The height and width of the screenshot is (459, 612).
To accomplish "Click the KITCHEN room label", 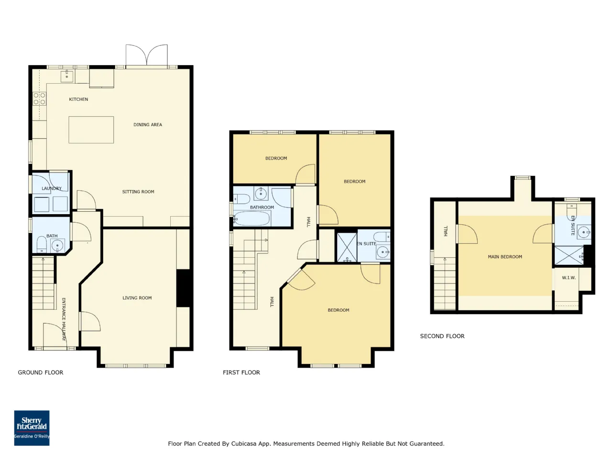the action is (78, 99).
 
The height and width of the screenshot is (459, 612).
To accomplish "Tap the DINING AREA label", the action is (147, 125).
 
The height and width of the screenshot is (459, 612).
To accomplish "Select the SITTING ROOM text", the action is (138, 192).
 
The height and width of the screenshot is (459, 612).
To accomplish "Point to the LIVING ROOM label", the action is (137, 298).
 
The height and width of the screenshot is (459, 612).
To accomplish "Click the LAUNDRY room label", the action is (52, 188).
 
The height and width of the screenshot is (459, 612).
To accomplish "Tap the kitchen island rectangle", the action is (91, 130).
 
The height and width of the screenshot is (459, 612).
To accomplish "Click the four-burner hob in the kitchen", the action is (39, 99).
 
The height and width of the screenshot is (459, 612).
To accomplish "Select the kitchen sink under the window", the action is (67, 76).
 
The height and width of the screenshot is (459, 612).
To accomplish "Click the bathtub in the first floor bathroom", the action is (252, 218).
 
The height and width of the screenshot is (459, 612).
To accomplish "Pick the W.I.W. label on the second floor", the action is (568, 278).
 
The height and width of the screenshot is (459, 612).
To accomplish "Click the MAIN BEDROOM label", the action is (505, 257).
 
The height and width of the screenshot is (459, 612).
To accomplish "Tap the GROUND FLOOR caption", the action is (41, 372).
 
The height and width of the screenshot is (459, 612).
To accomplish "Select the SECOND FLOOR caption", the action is (442, 336).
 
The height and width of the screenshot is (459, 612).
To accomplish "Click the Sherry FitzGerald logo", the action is (32, 428).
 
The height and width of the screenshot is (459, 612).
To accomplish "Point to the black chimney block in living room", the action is (183, 288).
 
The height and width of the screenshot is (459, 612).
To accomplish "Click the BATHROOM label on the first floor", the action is (262, 208).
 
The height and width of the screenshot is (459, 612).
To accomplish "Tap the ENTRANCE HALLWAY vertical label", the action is (64, 319).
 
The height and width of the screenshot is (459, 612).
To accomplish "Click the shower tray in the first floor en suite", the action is (347, 248).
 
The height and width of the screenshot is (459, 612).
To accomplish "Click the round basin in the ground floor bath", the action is (57, 246).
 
